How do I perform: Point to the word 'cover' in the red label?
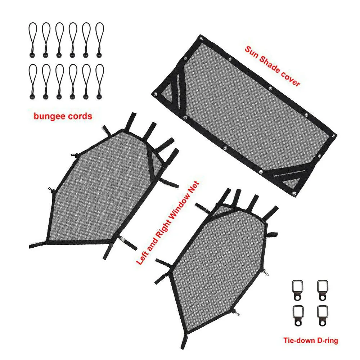[290, 78]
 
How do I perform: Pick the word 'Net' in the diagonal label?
[195, 186]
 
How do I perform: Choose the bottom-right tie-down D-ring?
[323, 316]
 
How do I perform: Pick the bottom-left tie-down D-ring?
[298, 316]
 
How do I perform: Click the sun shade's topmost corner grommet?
[201, 39]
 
